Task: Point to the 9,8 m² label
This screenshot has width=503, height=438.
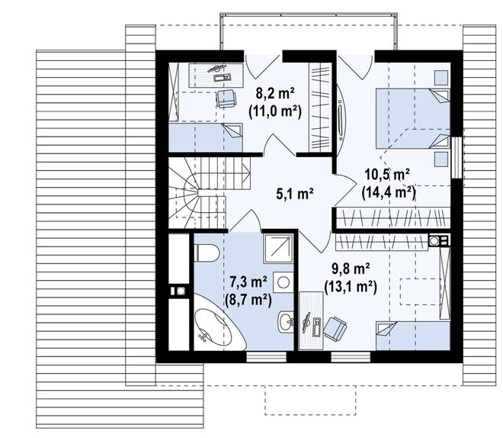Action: pos(351,269)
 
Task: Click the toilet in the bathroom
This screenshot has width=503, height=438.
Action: pos(207,253)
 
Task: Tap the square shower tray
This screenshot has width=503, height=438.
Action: pos(278,249)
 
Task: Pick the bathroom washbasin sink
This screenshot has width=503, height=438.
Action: pos(286,321)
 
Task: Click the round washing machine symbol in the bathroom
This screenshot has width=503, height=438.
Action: pos(283,282)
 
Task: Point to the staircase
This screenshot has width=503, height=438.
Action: pos(209,192)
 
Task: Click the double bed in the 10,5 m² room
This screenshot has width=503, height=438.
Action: pos(413,118)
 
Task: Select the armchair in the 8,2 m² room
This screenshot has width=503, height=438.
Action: pos(226,98)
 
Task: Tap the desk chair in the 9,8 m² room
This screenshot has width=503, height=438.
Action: pos(335,328)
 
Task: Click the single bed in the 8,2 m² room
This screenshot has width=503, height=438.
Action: pos(206,137)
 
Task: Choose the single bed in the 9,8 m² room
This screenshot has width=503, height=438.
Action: pos(413,336)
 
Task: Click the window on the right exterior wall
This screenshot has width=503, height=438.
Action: pos(457,157)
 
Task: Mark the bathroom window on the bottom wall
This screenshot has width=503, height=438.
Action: pos(266,357)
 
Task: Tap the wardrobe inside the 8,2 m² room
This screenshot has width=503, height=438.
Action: pos(320,107)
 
